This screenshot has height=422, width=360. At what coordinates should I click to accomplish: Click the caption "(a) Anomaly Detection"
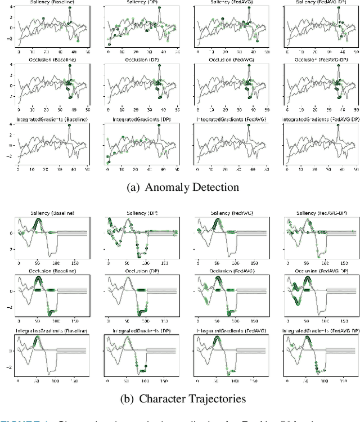180,187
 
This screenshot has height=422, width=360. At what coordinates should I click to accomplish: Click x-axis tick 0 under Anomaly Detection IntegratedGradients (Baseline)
18,169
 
